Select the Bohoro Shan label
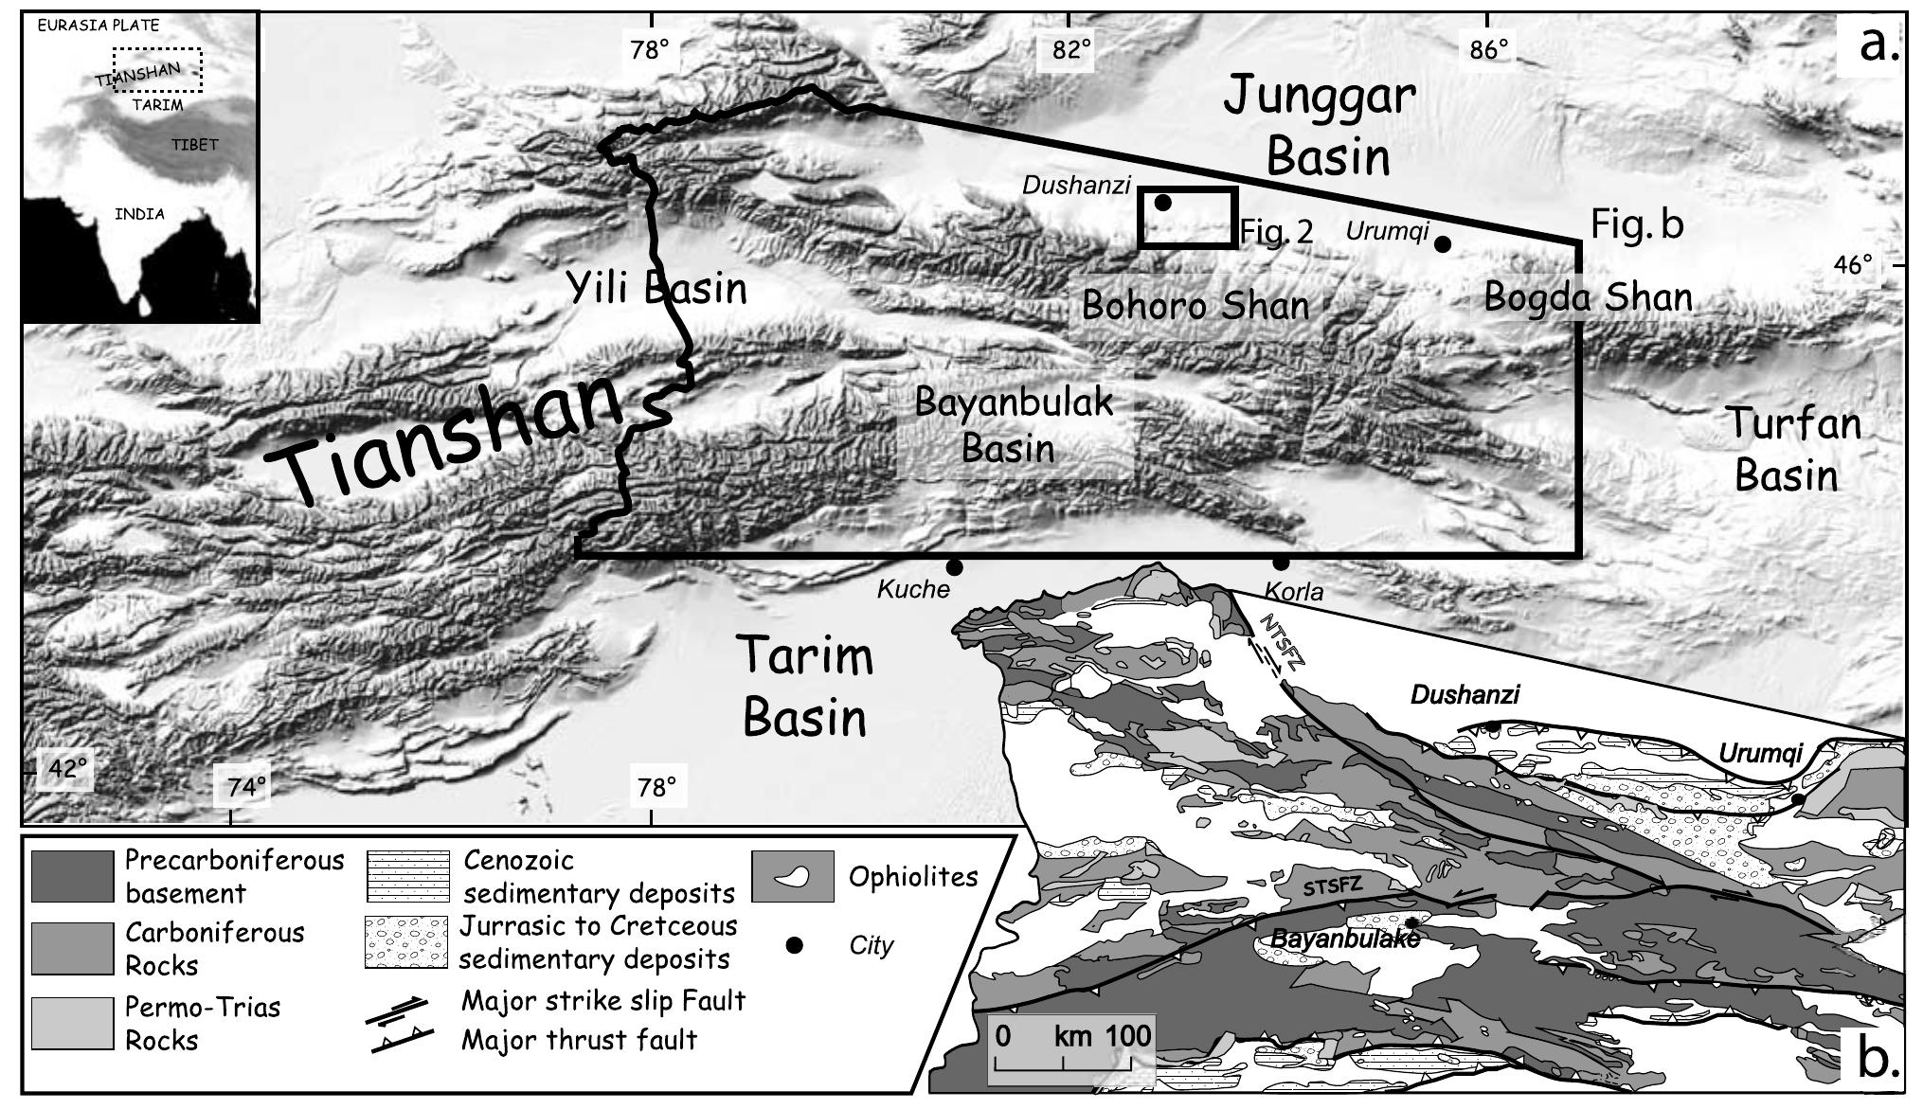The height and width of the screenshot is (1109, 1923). tap(1195, 306)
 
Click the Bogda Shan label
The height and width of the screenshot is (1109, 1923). tap(1588, 297)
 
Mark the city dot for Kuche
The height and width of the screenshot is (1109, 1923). tap(955, 567)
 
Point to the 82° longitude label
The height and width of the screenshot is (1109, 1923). tap(1071, 49)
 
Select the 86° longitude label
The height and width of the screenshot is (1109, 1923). tap(1488, 49)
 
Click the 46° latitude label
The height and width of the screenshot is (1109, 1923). tap(1852, 265)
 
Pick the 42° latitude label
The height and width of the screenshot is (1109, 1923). tap(66, 767)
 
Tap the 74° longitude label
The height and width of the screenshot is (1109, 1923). tap(245, 786)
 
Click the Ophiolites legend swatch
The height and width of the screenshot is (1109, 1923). tap(792, 877)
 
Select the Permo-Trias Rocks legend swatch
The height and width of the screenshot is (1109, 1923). tap(72, 1023)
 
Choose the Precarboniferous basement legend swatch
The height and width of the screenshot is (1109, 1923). tap(72, 876)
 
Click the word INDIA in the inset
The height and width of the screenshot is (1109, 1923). tap(139, 214)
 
